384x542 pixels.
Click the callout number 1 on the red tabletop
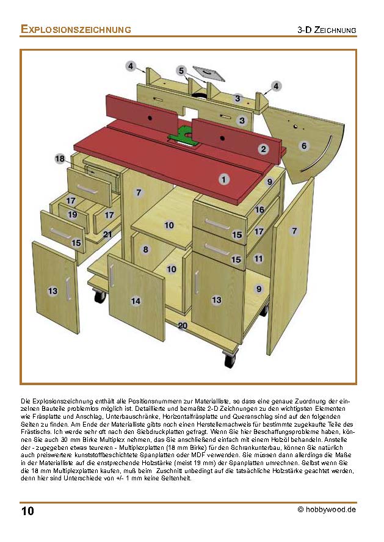[x=224, y=179]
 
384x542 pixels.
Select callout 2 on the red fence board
[x=264, y=149]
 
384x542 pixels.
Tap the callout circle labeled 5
[x=181, y=71]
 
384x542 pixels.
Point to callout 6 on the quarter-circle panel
[x=303, y=146]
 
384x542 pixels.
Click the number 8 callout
[x=145, y=249]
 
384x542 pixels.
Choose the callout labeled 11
[x=259, y=259]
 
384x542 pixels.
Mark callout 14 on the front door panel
[x=136, y=300]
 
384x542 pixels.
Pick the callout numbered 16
[x=259, y=209]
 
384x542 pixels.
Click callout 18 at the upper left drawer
[x=60, y=159]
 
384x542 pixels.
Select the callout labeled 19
[x=73, y=215]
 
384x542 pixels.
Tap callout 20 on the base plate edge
[x=183, y=326]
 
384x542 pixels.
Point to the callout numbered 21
[x=107, y=234]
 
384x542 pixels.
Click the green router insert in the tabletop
[x=183, y=135]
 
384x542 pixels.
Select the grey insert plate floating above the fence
[x=209, y=74]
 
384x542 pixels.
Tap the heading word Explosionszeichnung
[x=76, y=29]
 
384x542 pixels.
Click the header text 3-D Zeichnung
[x=327, y=30]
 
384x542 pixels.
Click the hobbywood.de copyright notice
[x=327, y=510]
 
